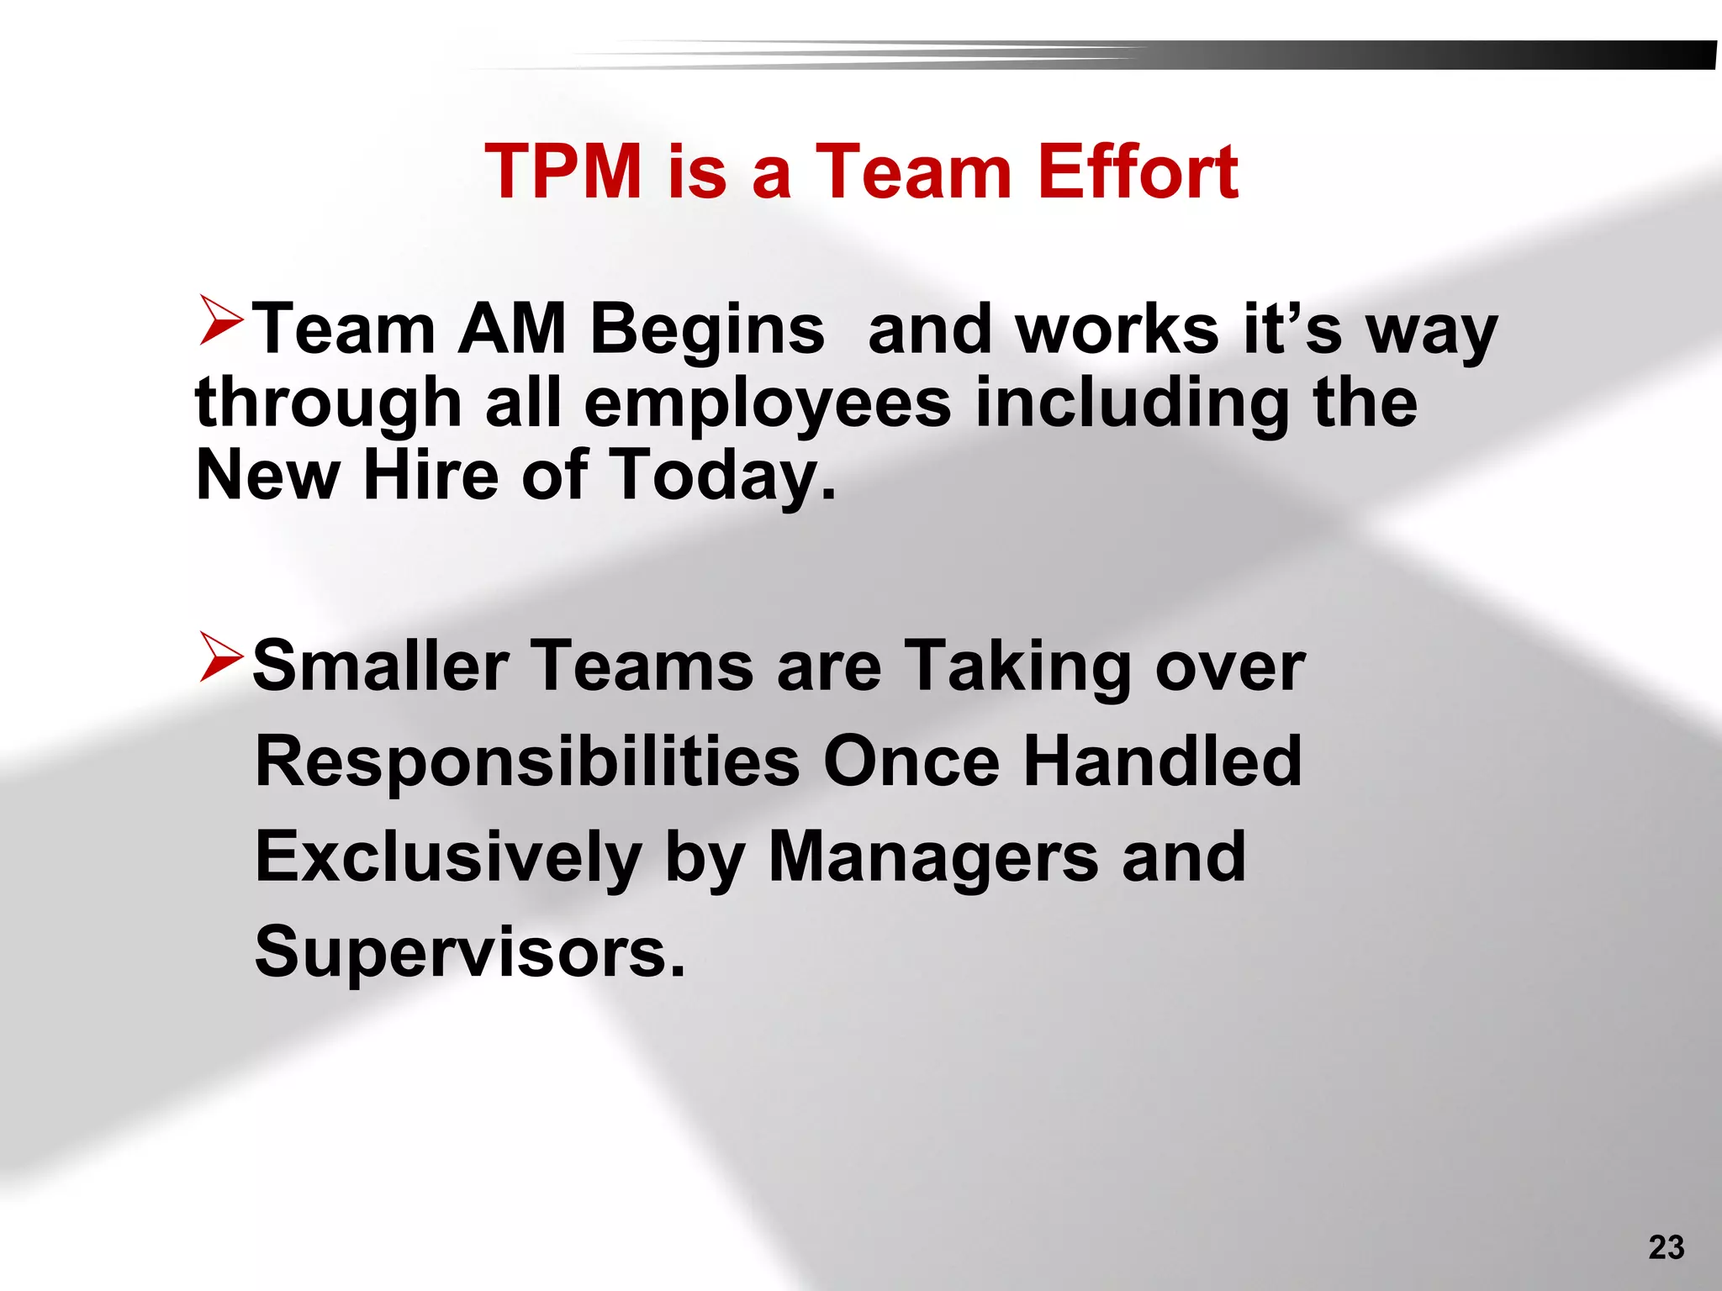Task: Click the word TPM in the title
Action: point(563,171)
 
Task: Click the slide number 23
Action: point(1666,1247)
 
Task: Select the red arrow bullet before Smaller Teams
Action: point(221,657)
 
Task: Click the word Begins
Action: point(706,330)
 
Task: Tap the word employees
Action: point(767,403)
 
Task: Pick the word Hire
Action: point(431,475)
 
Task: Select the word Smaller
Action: point(381,666)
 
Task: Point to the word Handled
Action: point(1162,761)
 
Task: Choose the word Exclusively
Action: point(448,857)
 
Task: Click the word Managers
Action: point(933,857)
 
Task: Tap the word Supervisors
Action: point(469,953)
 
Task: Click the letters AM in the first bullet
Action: point(511,329)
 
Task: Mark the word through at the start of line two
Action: point(328,403)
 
